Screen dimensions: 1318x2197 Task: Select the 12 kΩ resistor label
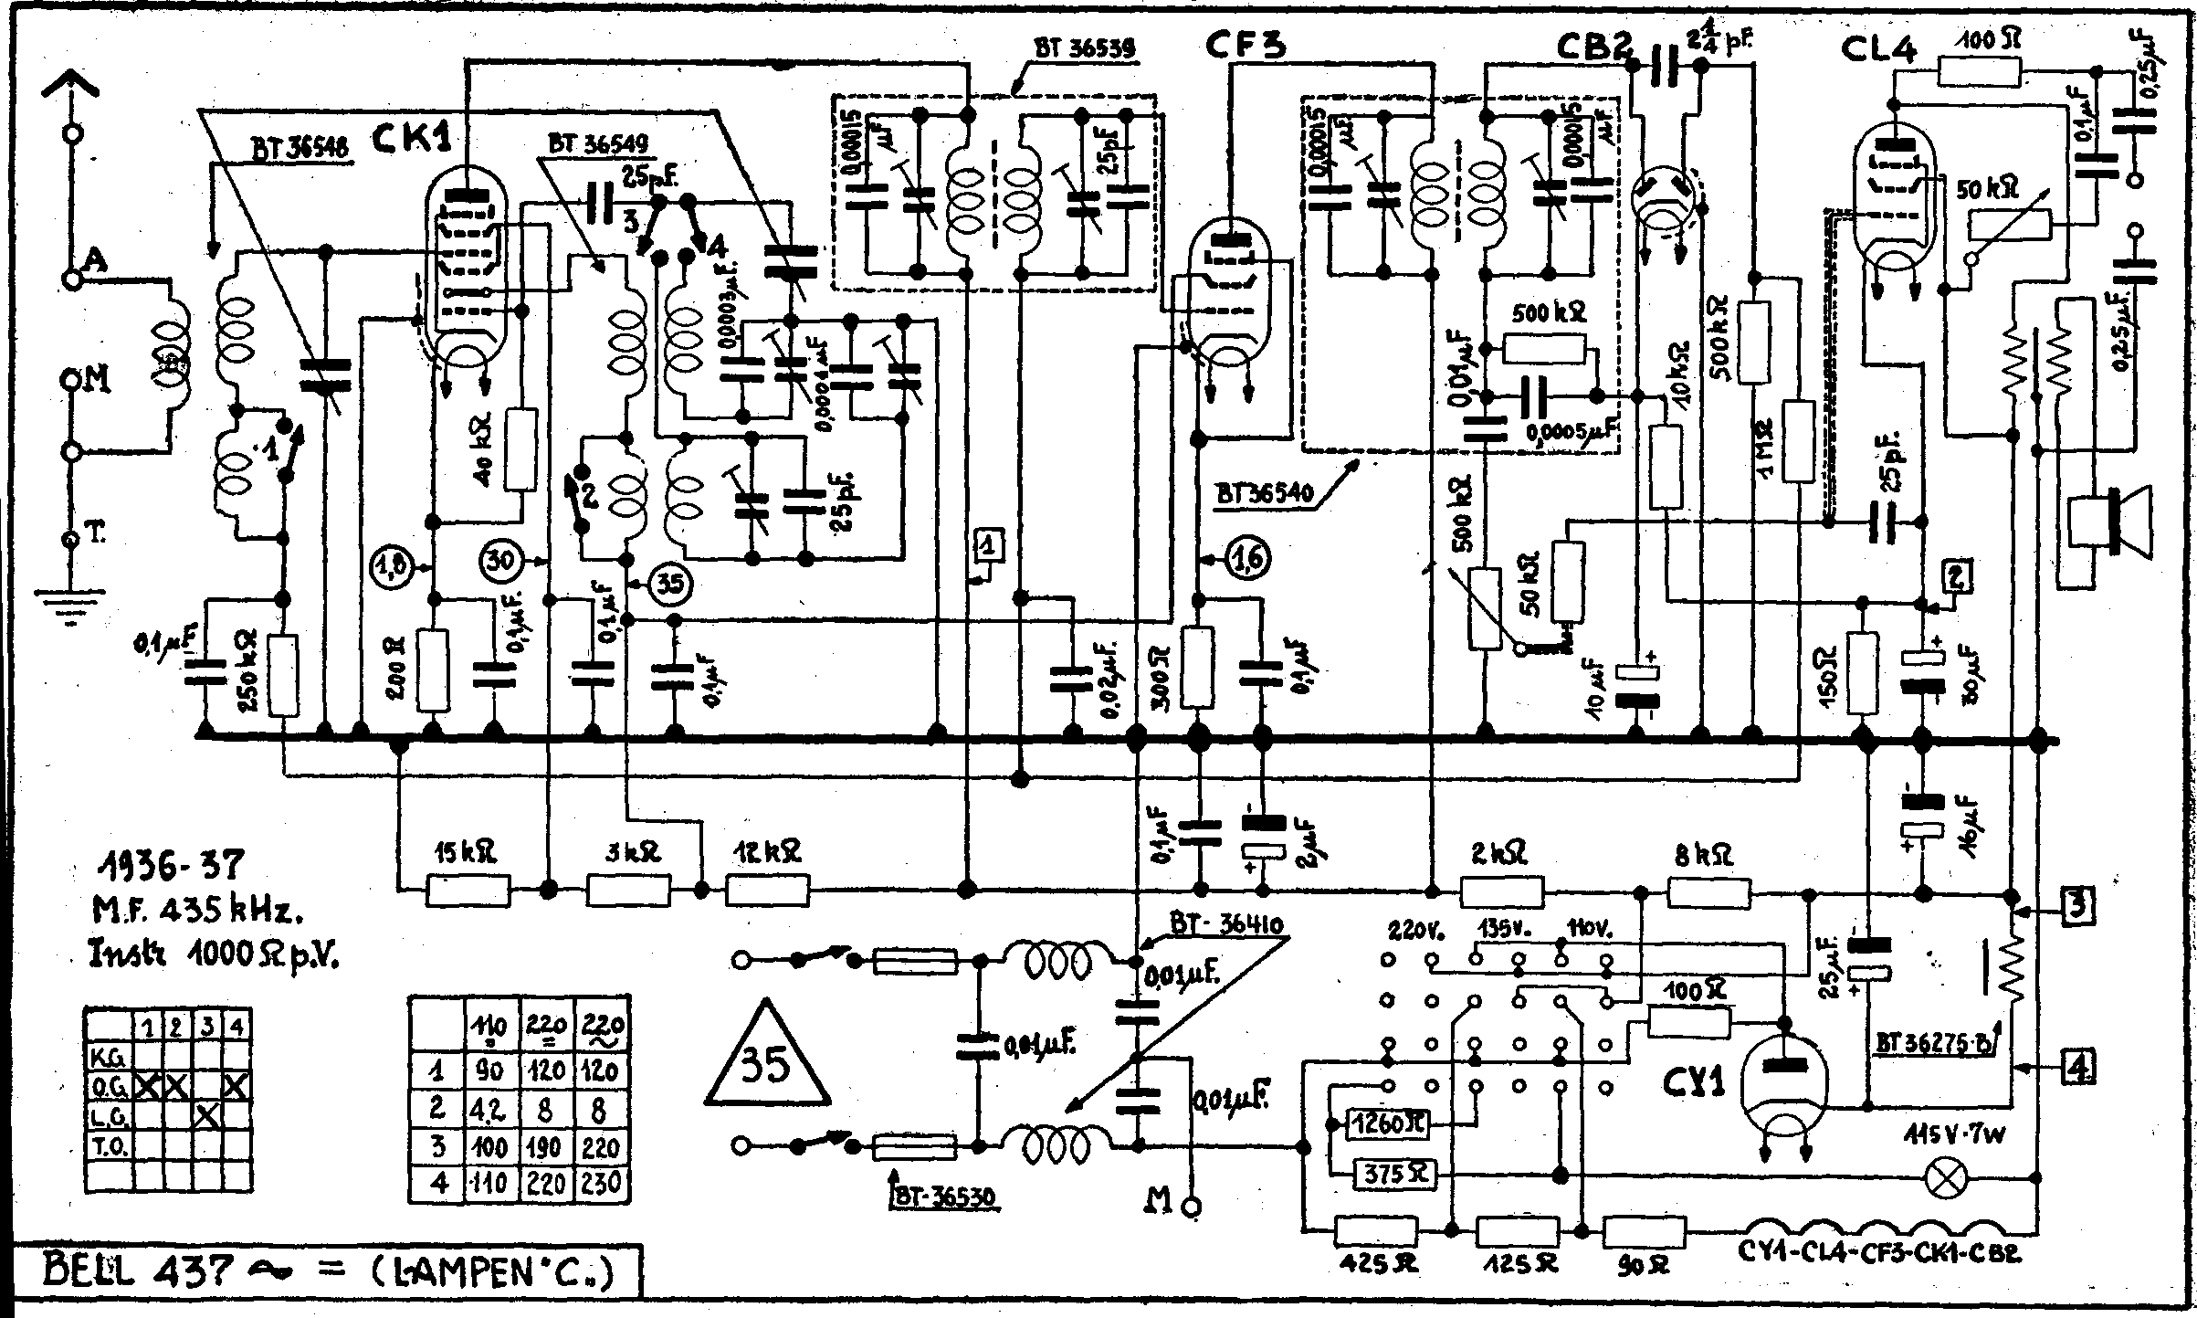click(779, 853)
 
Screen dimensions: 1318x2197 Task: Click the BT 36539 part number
click(1085, 48)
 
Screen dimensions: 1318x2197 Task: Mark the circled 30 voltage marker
click(501, 561)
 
